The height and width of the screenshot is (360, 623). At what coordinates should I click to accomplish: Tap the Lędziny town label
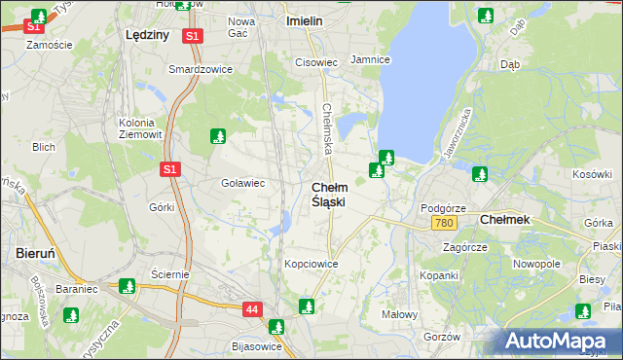pyautogui.click(x=148, y=34)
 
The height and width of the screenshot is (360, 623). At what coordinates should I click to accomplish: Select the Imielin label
pyautogui.click(x=305, y=19)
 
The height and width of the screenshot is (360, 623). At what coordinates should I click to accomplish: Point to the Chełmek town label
pyautogui.click(x=505, y=220)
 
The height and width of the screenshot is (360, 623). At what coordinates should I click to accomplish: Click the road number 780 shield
pyautogui.click(x=444, y=224)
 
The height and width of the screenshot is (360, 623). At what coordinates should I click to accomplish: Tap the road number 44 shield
pyautogui.click(x=252, y=309)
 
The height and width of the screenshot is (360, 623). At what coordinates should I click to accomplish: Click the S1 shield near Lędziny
pyautogui.click(x=193, y=36)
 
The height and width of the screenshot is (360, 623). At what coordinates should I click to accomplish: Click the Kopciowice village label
pyautogui.click(x=311, y=264)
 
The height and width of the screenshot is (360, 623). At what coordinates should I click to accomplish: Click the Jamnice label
pyautogui.click(x=370, y=59)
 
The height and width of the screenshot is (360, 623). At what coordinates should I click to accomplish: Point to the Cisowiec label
pyautogui.click(x=315, y=62)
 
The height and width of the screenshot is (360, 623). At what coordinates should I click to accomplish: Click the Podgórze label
pyautogui.click(x=443, y=208)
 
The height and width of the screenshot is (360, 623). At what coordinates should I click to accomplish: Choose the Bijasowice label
pyautogui.click(x=257, y=346)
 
